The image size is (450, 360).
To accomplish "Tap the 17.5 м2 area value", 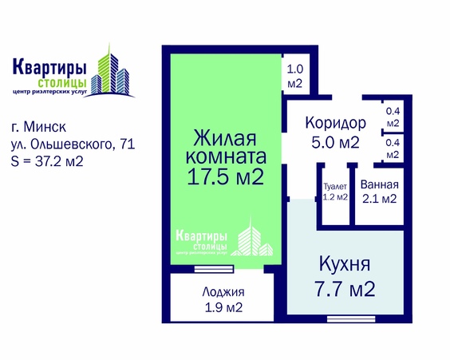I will point(225,176).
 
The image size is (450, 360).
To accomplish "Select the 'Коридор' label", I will point(335,124).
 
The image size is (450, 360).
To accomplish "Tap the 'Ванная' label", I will point(378,185).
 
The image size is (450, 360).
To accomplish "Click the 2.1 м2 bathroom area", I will point(378,199).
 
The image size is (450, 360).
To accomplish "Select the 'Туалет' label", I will point(335,186).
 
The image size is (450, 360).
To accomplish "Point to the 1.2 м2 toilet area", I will point(335,196).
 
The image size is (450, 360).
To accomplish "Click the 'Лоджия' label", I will point(223,292).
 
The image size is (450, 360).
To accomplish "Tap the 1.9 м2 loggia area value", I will point(223,307).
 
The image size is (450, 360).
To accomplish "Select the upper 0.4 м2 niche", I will point(392,118).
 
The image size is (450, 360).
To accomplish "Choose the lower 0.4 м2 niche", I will point(392,148).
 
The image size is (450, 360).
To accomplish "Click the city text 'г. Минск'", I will point(39,127).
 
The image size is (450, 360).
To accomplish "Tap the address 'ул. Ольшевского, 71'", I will point(73,144).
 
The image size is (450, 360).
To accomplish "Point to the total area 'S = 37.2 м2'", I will point(49,161).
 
